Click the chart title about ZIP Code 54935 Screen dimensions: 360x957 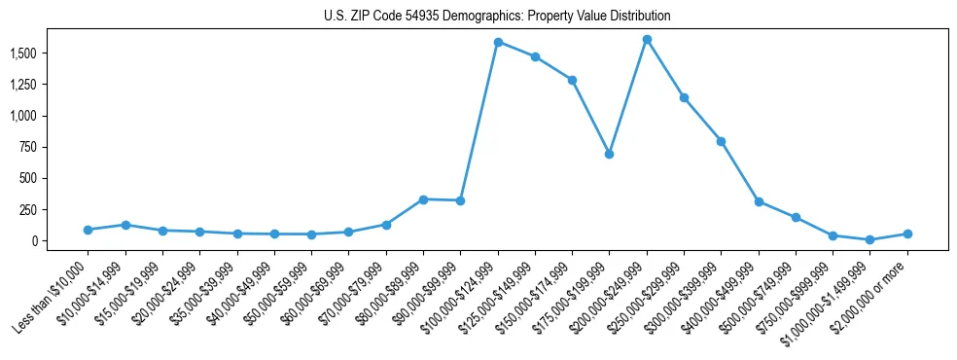pyautogui.click(x=497, y=17)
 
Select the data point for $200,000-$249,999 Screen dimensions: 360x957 pyautogui.click(x=647, y=40)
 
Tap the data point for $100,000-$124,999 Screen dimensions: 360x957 pyautogui.click(x=498, y=42)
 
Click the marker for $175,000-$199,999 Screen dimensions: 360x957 pyautogui.click(x=609, y=154)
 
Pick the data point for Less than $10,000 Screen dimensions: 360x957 pyautogui.click(x=88, y=230)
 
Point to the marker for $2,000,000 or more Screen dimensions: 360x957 pyautogui.click(x=907, y=234)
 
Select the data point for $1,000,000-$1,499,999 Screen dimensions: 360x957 pyautogui.click(x=869, y=239)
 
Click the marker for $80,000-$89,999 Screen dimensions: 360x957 pyautogui.click(x=423, y=199)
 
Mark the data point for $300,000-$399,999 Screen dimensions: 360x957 pyautogui.click(x=721, y=141)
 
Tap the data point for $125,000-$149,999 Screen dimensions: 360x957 pyautogui.click(x=535, y=56)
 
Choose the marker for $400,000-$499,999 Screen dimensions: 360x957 pyautogui.click(x=759, y=201)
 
